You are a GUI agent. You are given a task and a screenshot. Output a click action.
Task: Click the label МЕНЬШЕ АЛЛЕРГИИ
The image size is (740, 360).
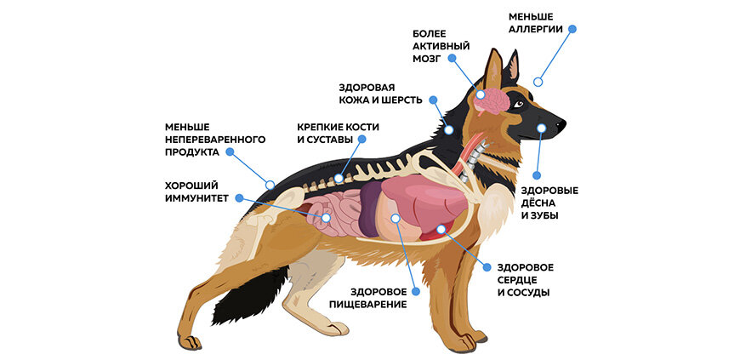click(535, 22)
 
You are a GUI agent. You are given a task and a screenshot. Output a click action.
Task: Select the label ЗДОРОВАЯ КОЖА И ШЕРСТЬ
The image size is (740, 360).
click(378, 94)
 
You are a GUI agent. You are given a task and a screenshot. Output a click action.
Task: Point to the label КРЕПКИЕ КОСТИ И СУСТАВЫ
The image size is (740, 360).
click(338, 133)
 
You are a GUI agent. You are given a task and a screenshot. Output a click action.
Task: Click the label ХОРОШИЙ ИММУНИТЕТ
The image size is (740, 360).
click(196, 191)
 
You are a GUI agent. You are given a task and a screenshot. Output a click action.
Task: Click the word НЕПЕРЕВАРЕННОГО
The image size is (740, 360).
click(215, 139)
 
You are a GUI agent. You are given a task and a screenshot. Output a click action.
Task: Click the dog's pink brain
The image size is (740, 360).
click(494, 100)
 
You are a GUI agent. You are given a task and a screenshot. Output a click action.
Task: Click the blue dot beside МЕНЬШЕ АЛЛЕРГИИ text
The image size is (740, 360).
click(572, 28)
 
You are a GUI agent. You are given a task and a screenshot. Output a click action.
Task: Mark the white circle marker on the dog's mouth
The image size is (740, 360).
click(540, 129)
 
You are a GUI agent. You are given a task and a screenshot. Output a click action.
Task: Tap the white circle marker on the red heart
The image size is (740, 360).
click(441, 228)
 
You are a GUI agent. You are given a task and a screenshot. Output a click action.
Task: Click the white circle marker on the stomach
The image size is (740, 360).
click(395, 218)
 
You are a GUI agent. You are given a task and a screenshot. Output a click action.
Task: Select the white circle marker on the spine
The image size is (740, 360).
click(339, 179)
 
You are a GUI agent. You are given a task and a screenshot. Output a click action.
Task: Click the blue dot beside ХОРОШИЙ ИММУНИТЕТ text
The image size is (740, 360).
click(239, 197)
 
